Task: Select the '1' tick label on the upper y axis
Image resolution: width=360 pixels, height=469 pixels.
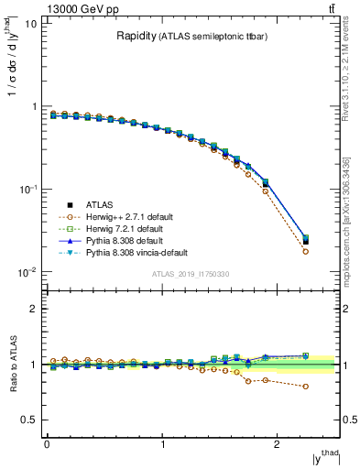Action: (x=36, y=106)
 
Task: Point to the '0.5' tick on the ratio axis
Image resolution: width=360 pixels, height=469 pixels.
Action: (x=30, y=420)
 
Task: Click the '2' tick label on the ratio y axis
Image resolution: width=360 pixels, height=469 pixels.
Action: (x=36, y=309)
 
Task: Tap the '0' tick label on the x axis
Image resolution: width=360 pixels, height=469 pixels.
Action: (x=46, y=444)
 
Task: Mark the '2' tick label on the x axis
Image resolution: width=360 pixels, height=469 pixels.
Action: (x=278, y=444)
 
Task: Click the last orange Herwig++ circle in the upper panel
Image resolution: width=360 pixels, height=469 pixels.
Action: (x=305, y=251)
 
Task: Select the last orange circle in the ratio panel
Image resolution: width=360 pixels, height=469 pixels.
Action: (x=305, y=387)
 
